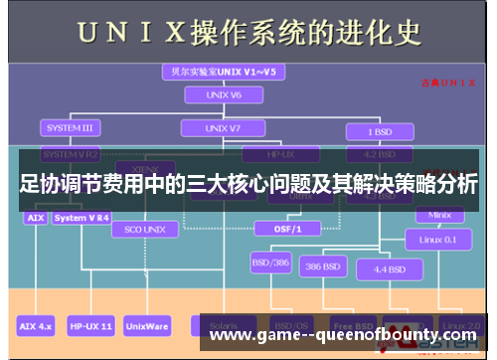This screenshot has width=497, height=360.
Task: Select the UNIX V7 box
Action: (222, 129)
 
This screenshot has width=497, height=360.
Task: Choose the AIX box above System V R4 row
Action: (35, 217)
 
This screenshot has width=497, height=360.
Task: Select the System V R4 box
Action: (83, 217)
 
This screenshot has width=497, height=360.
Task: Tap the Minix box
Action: (439, 215)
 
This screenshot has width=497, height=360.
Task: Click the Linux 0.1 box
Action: (438, 240)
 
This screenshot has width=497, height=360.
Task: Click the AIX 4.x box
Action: (38, 325)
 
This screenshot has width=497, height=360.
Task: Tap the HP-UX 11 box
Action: (91, 325)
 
